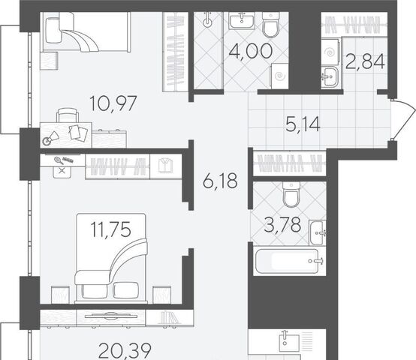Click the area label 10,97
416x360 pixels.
pyautogui.click(x=113, y=103)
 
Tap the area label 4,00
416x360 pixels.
pyautogui.click(x=251, y=52)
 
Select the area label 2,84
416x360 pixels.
pyautogui.click(x=365, y=61)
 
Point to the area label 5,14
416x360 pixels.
pyautogui.click(x=303, y=124)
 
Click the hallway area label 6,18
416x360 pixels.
pyautogui.click(x=220, y=181)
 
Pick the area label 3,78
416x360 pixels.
pyautogui.click(x=283, y=225)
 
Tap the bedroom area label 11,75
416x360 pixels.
pyautogui.click(x=111, y=229)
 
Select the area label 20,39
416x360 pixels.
pyautogui.click(x=125, y=350)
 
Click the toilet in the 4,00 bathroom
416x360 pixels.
pyautogui.click(x=270, y=25)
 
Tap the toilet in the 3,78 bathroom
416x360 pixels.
pyautogui.click(x=291, y=194)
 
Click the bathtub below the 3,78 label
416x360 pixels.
pyautogui.click(x=287, y=261)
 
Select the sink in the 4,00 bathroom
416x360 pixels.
pyautogui.click(x=242, y=21)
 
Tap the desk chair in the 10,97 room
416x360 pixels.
pyautogui.click(x=68, y=115)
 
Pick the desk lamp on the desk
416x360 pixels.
pyautogui.click(x=51, y=138)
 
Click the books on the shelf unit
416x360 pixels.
pyautogui.click(x=168, y=317)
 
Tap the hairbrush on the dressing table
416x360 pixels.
pyautogui.click(x=59, y=160)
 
